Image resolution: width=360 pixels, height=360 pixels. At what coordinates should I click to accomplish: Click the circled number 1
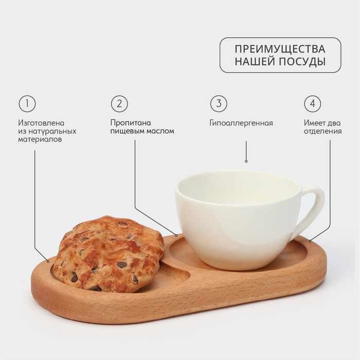(27, 103)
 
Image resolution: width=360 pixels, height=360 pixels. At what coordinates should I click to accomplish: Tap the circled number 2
(119, 103)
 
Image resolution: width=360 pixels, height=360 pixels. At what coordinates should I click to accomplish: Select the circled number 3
(219, 103)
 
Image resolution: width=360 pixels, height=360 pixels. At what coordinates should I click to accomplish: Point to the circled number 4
(313, 103)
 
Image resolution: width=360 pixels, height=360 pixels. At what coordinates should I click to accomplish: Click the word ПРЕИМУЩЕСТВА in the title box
(280, 49)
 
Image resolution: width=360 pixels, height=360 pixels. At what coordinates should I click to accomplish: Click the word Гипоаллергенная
(241, 123)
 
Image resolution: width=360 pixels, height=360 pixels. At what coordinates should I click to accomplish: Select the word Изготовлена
(41, 123)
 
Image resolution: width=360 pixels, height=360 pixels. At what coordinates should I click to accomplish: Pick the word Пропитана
(131, 123)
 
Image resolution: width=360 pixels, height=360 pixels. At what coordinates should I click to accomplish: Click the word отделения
(322, 132)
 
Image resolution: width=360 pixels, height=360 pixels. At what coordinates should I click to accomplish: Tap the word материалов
(40, 139)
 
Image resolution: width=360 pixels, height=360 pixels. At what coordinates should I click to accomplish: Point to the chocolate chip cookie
(109, 254)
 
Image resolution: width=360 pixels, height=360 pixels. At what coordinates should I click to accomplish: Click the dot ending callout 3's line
(246, 161)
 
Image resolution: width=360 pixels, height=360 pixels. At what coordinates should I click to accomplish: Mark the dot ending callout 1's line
(48, 261)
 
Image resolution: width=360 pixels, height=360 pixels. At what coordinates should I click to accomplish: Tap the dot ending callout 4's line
(310, 241)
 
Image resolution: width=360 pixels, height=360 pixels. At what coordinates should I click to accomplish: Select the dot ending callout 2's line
(176, 236)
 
